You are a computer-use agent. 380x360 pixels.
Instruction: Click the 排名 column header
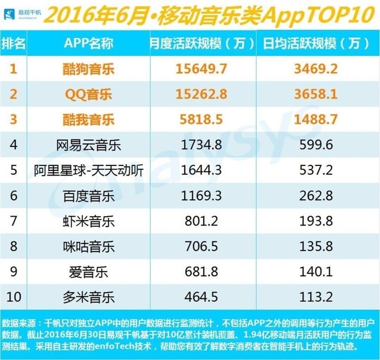(x=13, y=44)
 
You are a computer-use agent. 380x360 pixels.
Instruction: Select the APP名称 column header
(x=89, y=44)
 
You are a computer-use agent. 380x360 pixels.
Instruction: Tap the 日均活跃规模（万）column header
(x=316, y=44)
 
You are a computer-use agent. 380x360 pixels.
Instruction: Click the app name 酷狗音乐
(x=89, y=69)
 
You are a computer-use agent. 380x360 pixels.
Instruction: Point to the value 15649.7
(x=201, y=69)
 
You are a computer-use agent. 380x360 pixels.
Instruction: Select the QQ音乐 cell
(x=89, y=94)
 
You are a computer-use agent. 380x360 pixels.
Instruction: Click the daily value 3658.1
(x=316, y=94)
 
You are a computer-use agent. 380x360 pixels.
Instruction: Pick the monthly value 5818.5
(x=201, y=119)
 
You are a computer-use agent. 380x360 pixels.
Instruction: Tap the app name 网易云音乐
(x=89, y=145)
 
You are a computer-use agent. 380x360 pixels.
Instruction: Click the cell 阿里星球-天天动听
(x=89, y=170)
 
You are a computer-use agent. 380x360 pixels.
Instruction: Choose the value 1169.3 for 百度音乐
(x=201, y=196)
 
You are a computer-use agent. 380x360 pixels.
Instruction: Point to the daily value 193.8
(x=316, y=221)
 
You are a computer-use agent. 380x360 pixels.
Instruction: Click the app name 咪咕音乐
(x=89, y=247)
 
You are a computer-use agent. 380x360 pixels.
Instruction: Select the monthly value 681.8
(x=201, y=271)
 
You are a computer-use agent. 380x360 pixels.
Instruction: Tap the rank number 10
(x=14, y=297)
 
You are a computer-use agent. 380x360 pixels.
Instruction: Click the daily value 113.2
(x=316, y=297)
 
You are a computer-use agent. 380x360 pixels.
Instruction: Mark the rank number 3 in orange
(x=14, y=119)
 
